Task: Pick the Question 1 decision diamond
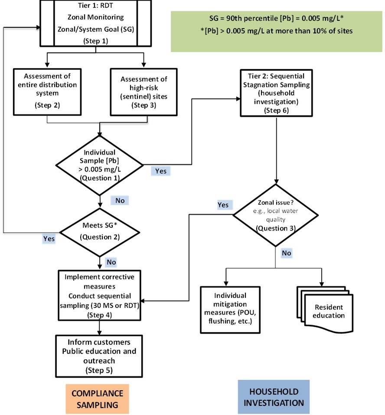(100, 165)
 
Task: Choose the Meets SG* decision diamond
(100, 232)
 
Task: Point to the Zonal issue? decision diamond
(276, 215)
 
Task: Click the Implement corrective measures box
(100, 295)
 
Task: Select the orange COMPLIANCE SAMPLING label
(97, 398)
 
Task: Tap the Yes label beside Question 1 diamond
(160, 171)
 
